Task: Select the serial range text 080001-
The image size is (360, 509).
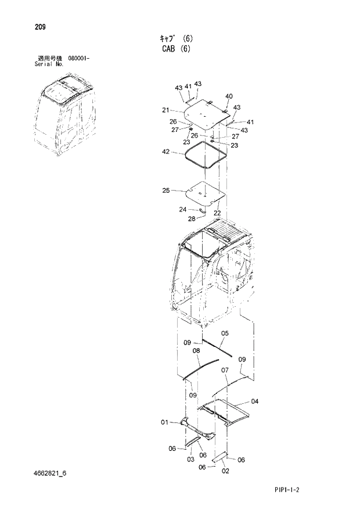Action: [78, 59]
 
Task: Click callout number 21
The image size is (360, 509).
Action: [165, 110]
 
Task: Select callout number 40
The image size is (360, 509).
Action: [229, 96]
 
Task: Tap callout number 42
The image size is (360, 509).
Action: [166, 152]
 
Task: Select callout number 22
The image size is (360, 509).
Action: [217, 213]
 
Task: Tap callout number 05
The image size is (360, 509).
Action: [225, 333]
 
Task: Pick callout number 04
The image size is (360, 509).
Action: [254, 401]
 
